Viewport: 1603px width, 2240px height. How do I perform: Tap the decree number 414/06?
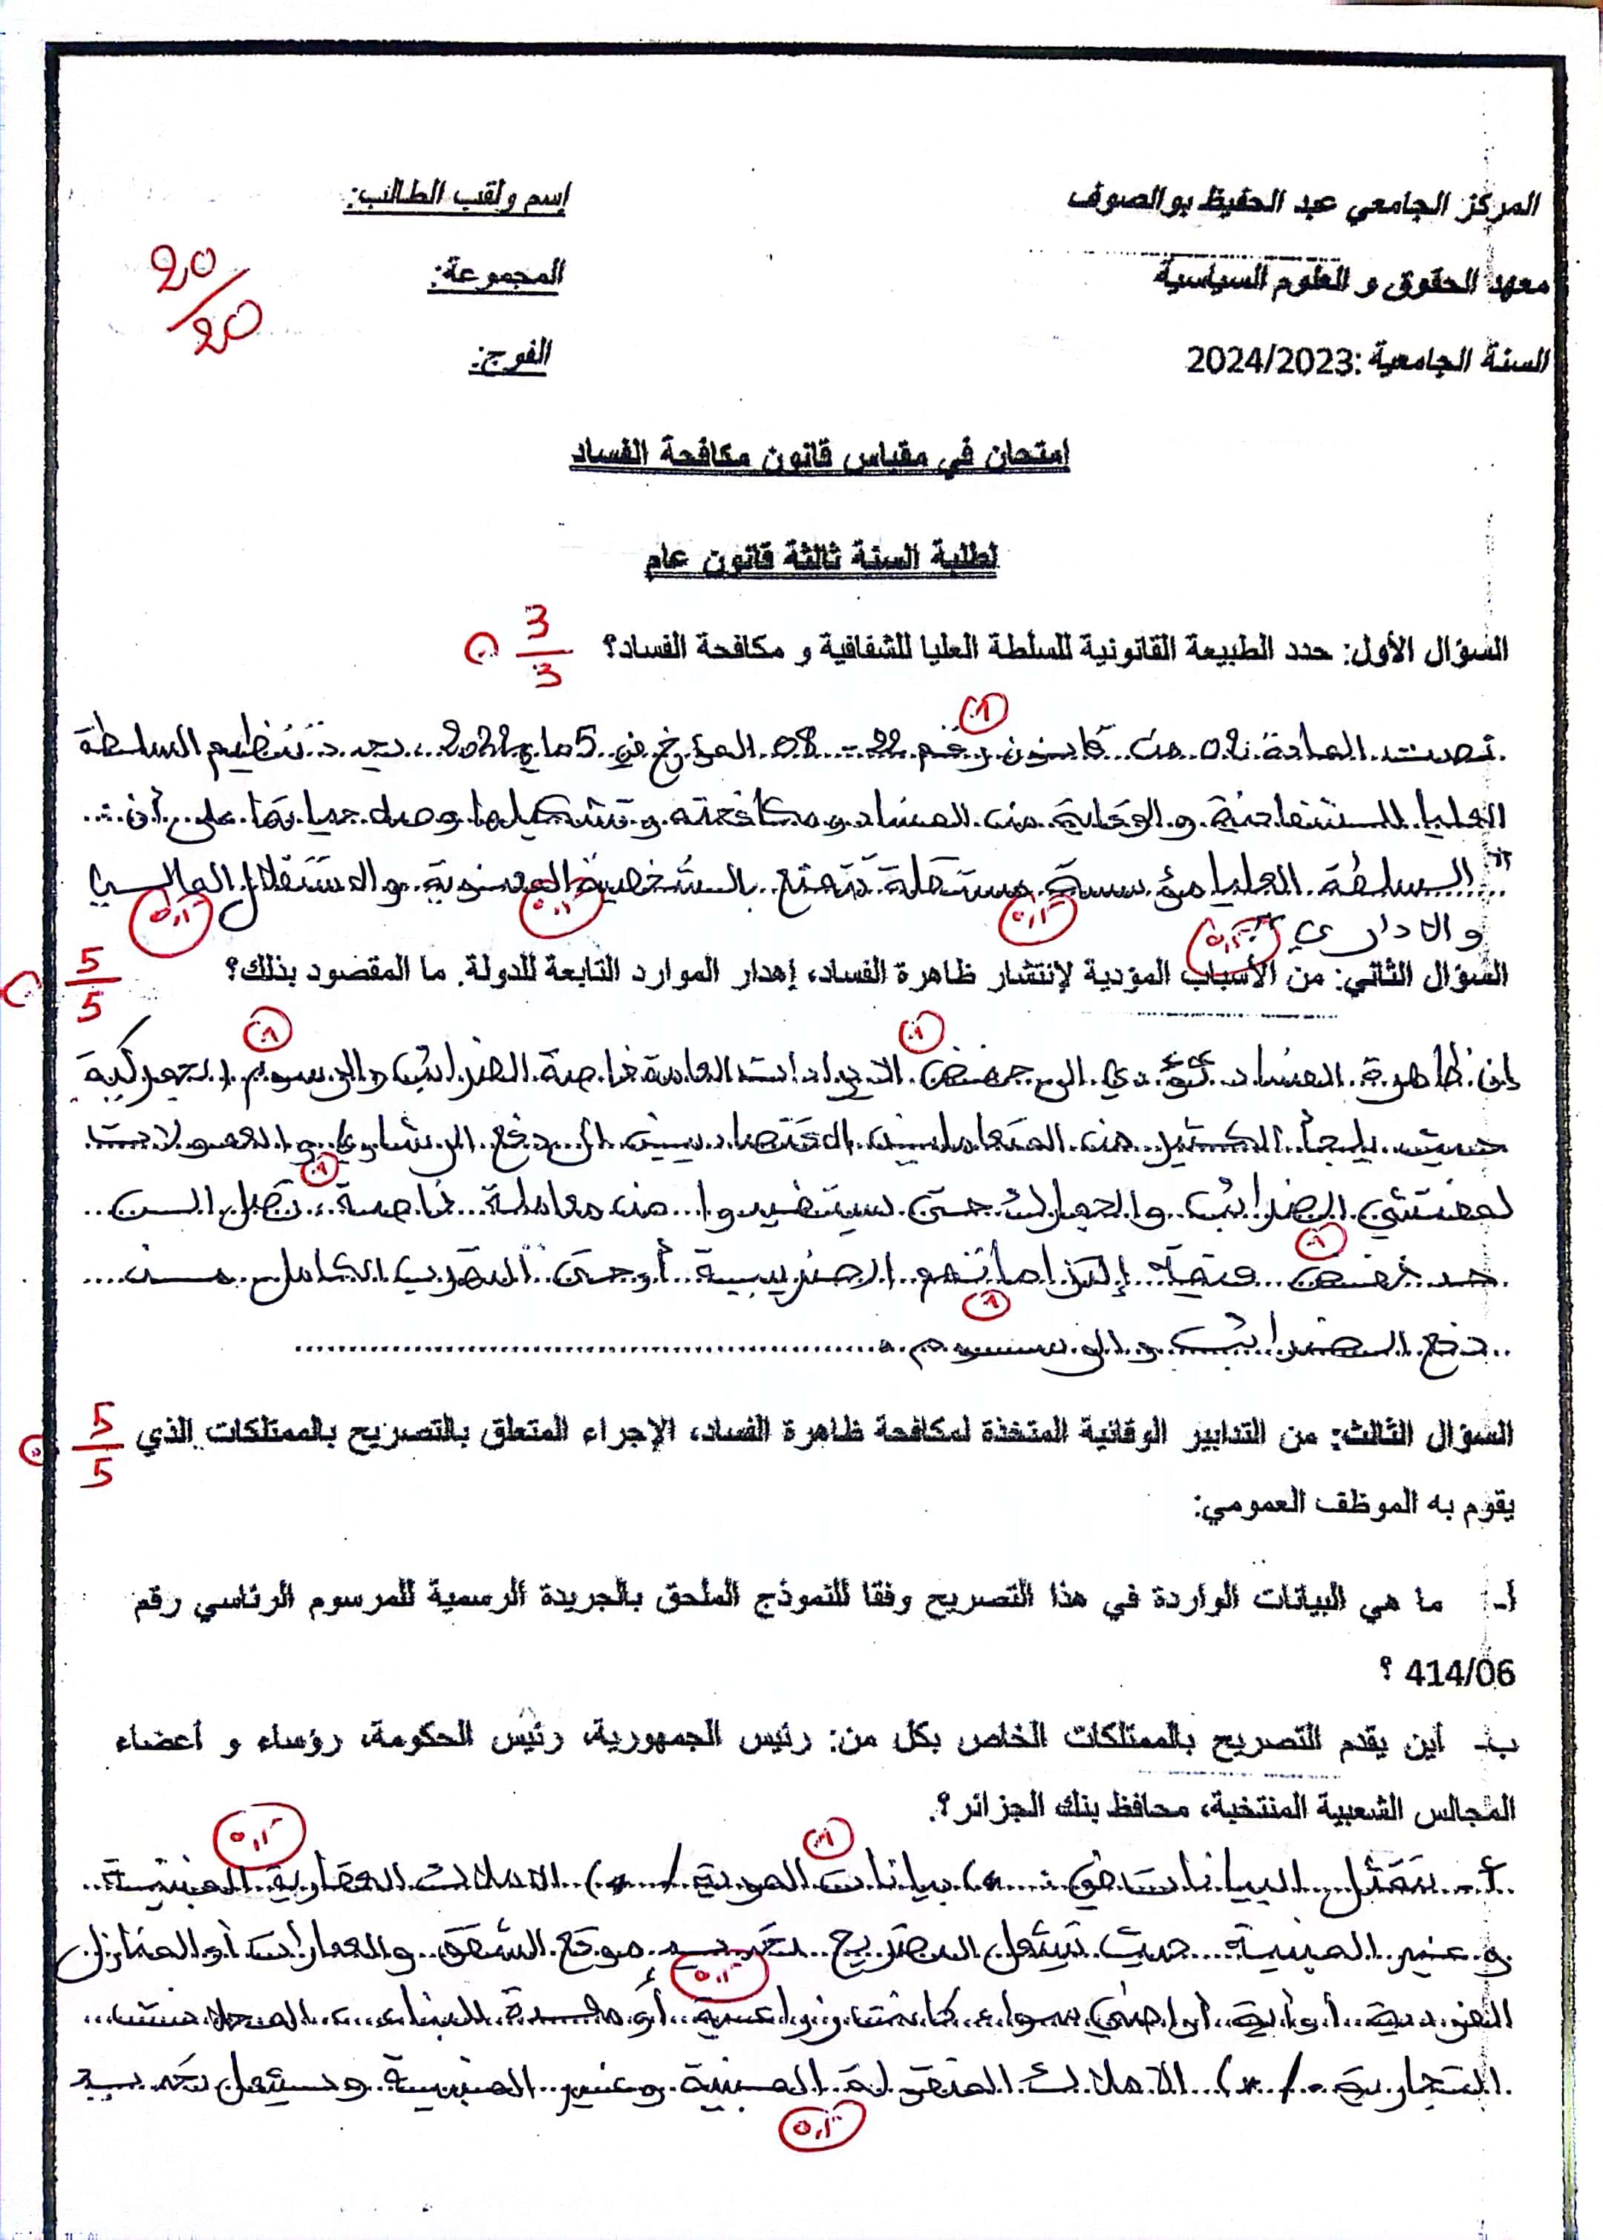[x=1458, y=1673]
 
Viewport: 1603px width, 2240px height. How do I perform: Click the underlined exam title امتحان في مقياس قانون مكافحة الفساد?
[x=819, y=456]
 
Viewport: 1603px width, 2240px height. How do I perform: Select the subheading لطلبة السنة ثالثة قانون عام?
[x=821, y=559]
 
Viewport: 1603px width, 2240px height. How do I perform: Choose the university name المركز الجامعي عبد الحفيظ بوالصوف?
[x=1303, y=201]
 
